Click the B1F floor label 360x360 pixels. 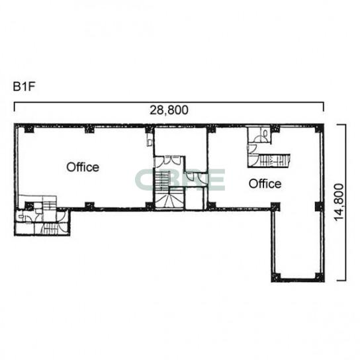pos(24,87)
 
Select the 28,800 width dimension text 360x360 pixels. pos(169,110)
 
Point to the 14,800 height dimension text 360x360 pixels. pos(339,202)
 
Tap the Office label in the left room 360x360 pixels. pos(83,167)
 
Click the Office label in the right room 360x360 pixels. pos(265,184)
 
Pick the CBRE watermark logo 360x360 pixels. pos(180,180)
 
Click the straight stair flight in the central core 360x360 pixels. pos(162,181)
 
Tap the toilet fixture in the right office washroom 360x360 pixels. pos(265,134)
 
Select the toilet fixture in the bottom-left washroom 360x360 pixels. pos(21,216)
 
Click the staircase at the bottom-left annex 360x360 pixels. pos(50,229)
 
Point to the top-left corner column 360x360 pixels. pos(29,129)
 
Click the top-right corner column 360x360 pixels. pos(320,128)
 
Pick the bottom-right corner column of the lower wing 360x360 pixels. pos(320,277)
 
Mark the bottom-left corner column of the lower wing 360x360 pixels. pos(276,277)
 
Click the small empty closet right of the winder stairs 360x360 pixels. pos(195,199)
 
